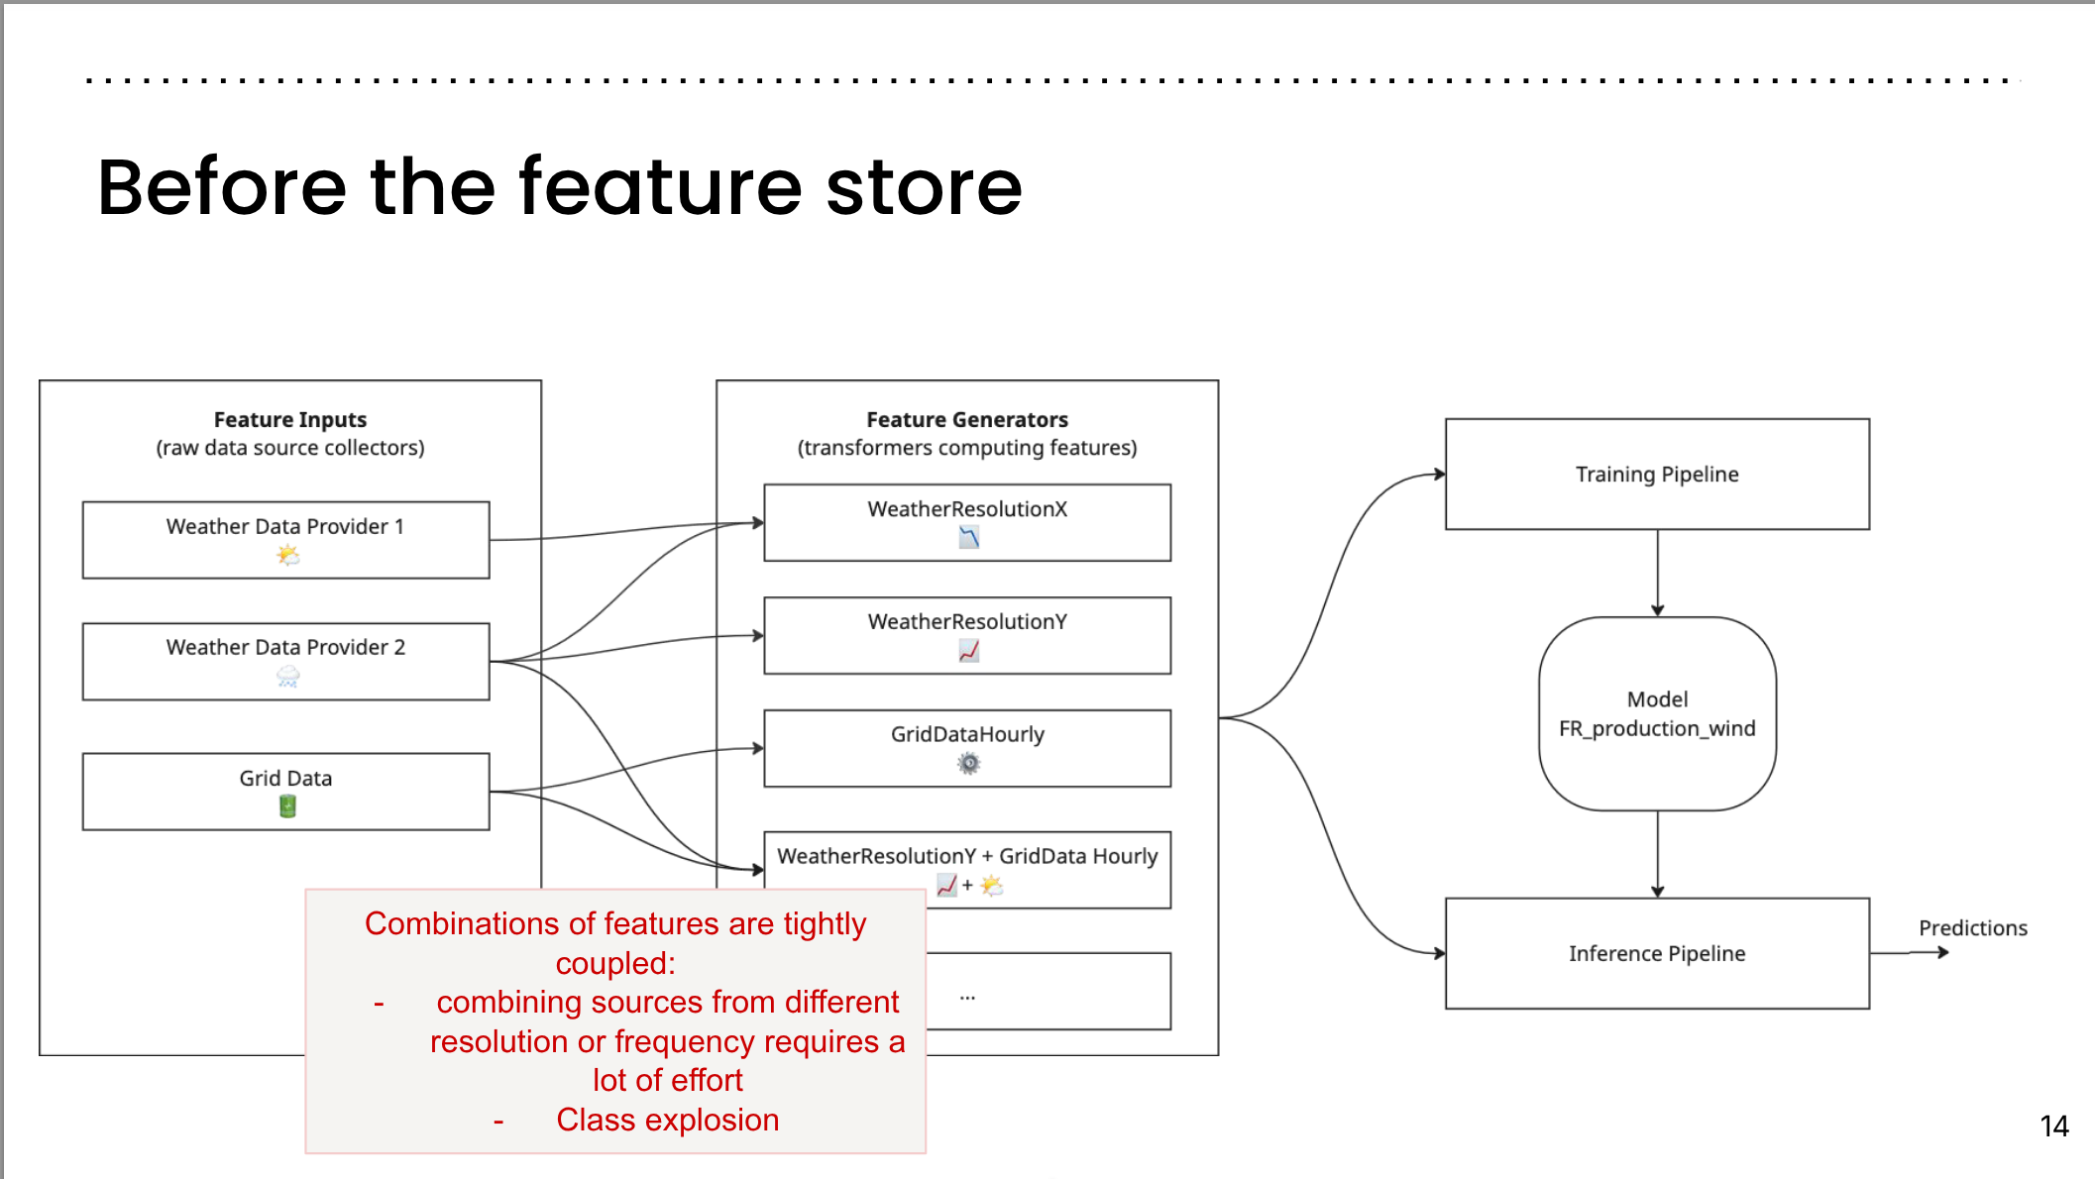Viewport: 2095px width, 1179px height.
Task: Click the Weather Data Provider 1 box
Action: [285, 539]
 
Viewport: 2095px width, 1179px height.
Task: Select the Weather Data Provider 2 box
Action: [285, 661]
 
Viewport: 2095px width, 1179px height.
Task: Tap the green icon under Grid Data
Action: [287, 806]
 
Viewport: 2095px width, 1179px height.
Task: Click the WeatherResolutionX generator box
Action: [967, 522]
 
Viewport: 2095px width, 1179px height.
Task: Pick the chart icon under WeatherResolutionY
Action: [968, 651]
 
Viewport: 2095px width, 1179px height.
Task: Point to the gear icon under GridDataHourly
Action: [968, 763]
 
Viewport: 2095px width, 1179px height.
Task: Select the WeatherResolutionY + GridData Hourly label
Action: [967, 856]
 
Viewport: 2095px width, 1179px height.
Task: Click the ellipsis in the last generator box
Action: [967, 996]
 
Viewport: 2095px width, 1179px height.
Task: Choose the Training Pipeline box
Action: [1657, 475]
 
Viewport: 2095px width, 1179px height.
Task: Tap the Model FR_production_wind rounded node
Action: [1657, 713]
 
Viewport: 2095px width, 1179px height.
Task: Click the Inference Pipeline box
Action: [1657, 953]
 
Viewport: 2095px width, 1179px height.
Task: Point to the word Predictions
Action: [1972, 928]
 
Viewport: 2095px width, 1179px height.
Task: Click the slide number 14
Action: [2053, 1126]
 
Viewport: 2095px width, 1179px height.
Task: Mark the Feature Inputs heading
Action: [290, 420]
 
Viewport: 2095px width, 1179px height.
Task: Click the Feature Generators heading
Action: [967, 420]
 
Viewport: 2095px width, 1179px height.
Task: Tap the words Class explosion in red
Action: [667, 1120]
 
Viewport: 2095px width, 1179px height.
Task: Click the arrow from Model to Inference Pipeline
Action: [1657, 854]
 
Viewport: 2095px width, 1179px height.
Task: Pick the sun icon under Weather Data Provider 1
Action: [287, 555]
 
